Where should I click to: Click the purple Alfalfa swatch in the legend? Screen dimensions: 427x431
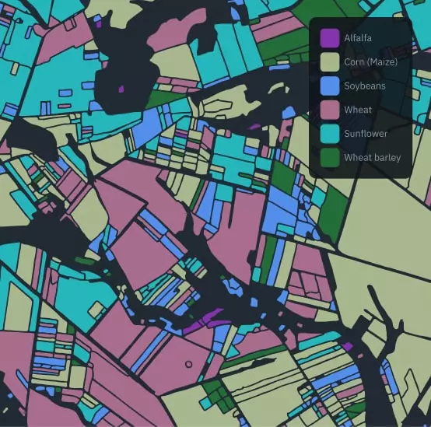tap(330, 37)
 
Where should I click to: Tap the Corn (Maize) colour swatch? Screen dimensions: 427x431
tap(330, 61)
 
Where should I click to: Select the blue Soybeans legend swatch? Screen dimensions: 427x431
tap(330, 86)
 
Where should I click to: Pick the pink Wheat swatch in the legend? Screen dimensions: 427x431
tap(330, 110)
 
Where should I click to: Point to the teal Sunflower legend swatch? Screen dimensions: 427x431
tap(330, 134)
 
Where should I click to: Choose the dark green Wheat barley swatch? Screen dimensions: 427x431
tap(330, 158)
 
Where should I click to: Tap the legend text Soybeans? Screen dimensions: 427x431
tap(364, 86)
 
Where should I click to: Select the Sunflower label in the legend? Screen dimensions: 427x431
tap(366, 134)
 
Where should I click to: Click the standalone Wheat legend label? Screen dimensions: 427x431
tap(358, 110)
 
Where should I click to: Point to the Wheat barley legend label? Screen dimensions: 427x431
tap(373, 158)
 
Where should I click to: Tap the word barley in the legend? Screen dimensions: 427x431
tap(387, 158)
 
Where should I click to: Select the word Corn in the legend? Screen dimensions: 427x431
tap(354, 61)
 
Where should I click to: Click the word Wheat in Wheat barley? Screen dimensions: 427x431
tap(358, 158)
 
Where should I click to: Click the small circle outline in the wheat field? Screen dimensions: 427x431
tap(188, 363)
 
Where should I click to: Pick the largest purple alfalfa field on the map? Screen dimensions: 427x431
tap(204, 319)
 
